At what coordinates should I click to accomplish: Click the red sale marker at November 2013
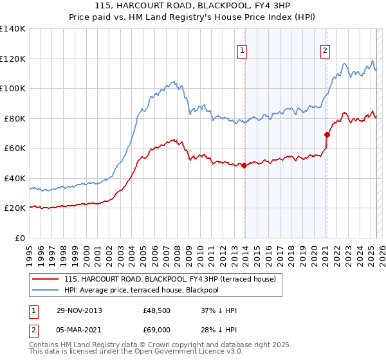tap(244, 166)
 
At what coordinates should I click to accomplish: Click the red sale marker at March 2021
tap(327, 135)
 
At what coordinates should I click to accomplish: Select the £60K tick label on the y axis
tap(15, 148)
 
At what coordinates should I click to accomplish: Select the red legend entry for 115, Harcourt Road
tap(170, 279)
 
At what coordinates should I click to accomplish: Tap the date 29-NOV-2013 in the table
tap(80, 310)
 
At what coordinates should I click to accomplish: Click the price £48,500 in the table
tap(157, 310)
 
